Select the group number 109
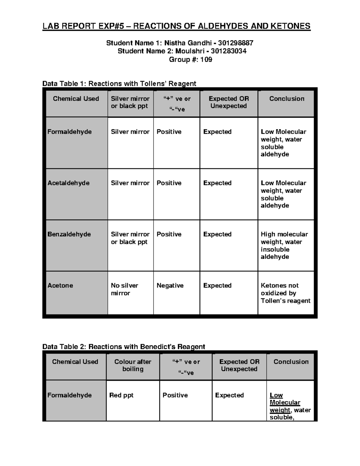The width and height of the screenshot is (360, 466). pyautogui.click(x=206, y=59)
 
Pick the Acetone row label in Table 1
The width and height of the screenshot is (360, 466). pyautogui.click(x=60, y=285)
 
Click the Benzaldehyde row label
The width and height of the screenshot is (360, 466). pyautogui.click(x=69, y=234)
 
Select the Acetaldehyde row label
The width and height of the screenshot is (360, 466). pyautogui.click(x=68, y=183)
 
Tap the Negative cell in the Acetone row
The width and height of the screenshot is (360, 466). pyautogui.click(x=170, y=285)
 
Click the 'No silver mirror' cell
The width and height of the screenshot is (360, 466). pyautogui.click(x=124, y=289)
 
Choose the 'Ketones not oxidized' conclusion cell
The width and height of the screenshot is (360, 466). pyautogui.click(x=285, y=293)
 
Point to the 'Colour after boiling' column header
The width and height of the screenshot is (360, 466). pyautogui.click(x=133, y=365)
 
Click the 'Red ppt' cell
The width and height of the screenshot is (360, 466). pyautogui.click(x=121, y=395)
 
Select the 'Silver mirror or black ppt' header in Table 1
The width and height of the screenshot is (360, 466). pyautogui.click(x=130, y=102)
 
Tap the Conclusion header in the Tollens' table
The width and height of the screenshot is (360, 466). pyautogui.click(x=286, y=99)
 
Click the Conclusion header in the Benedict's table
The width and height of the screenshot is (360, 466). pyautogui.click(x=291, y=362)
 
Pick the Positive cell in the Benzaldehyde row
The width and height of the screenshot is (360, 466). pyautogui.click(x=169, y=234)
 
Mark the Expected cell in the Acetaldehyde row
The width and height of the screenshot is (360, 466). pyautogui.click(x=217, y=183)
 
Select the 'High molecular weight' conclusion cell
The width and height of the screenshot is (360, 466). pyautogui.click(x=284, y=245)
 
